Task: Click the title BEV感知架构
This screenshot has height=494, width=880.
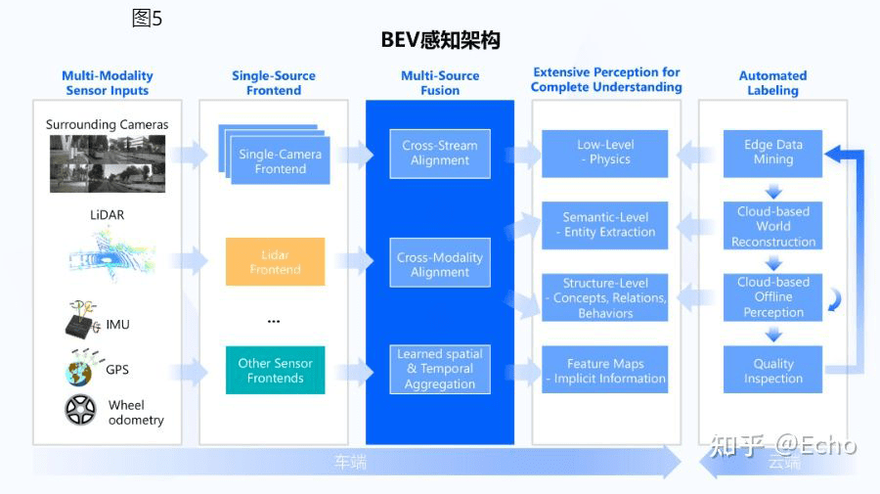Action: pos(440,40)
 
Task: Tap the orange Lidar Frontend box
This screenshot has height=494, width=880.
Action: pos(275,261)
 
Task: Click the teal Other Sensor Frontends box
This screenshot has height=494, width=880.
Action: pos(275,370)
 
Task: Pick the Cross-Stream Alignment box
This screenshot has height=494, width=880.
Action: pos(440,154)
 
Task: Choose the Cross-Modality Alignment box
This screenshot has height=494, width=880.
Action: pos(440,264)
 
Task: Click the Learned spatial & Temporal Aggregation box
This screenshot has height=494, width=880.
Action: pos(440,369)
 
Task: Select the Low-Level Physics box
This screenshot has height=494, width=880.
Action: pos(604,153)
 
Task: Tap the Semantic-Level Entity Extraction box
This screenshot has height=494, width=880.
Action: pos(604,225)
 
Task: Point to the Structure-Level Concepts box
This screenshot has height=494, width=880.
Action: pos(604,297)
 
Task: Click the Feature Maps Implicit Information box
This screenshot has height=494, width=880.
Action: pos(604,370)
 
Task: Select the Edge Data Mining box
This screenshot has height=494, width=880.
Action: pos(772,153)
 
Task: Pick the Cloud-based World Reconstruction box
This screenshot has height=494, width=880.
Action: pos(772,226)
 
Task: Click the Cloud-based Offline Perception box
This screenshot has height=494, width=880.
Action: pos(772,297)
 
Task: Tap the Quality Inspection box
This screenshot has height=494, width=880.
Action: pos(772,370)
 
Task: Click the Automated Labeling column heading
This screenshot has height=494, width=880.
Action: pos(772,83)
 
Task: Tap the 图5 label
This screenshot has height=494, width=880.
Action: pos(147,18)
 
